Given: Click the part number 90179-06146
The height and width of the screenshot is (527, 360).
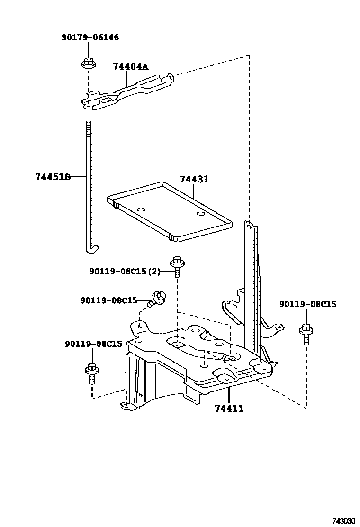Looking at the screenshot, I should (x=90, y=37).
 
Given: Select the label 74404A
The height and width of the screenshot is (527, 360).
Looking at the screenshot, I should (x=130, y=67).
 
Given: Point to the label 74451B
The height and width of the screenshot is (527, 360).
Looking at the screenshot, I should (x=53, y=177).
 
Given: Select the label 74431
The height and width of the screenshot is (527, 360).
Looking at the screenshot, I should (x=194, y=180).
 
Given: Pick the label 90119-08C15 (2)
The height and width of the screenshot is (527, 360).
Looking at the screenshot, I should (x=125, y=271).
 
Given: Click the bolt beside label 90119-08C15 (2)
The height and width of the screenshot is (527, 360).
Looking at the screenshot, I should (x=177, y=267).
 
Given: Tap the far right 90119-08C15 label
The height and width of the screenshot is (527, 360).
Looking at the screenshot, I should (x=308, y=304).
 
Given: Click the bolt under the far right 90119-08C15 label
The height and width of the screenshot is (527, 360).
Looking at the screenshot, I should (x=306, y=335).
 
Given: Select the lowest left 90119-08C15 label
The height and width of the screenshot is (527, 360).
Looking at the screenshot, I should (x=94, y=344).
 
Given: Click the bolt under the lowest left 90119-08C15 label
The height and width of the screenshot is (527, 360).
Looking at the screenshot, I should (x=91, y=373).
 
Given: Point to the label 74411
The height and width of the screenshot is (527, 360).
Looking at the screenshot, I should (x=229, y=408).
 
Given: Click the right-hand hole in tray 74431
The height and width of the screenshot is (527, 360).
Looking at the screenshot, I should (x=201, y=214).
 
